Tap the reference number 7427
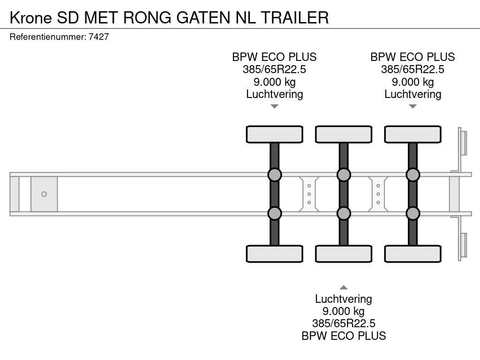click(98, 37)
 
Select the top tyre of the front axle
click(275, 135)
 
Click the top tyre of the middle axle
click(344, 135)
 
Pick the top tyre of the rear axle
click(412, 135)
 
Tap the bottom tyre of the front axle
click(275, 254)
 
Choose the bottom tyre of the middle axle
click(344, 254)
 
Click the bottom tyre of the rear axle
click(412, 254)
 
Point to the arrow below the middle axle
click(344, 287)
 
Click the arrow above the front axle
click(275, 106)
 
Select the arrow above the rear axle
click(412, 106)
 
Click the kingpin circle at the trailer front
click(44, 194)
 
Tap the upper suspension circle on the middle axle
click(344, 175)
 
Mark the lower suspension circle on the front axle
click(275, 213)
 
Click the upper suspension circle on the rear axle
click(412, 175)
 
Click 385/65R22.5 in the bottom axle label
click(344, 323)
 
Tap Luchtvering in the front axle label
click(275, 94)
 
